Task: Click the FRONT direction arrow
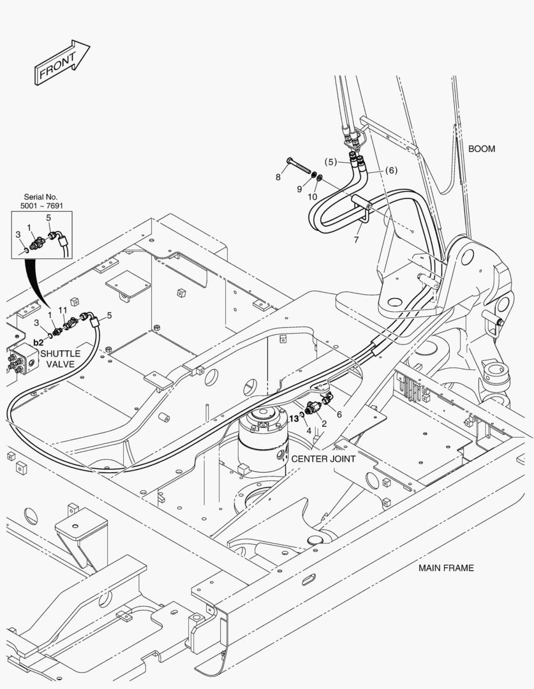[x=61, y=62]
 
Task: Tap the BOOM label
[x=482, y=149]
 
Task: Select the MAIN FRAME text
[x=446, y=567]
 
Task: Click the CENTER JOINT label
[x=323, y=458]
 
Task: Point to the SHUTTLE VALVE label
[x=60, y=358]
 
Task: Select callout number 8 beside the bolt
[x=278, y=177]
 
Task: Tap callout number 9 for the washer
[x=299, y=189]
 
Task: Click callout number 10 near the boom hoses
[x=313, y=197]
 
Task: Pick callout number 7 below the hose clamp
[x=356, y=241]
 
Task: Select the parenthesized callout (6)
[x=391, y=170]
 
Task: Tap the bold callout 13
[x=293, y=419]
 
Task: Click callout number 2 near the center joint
[x=324, y=424]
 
